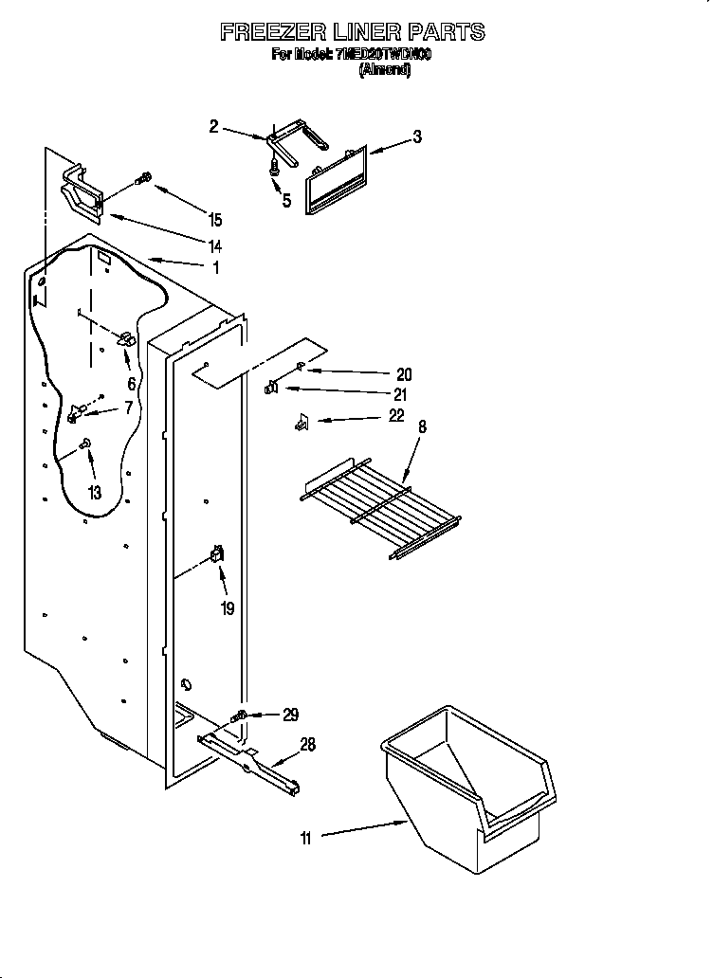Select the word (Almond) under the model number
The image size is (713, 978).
(x=384, y=70)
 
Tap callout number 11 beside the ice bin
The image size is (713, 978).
(x=305, y=836)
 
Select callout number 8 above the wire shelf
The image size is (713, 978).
(x=422, y=427)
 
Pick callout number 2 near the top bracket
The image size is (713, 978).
(x=213, y=126)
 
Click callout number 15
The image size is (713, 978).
(x=215, y=220)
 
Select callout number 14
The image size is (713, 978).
(x=215, y=245)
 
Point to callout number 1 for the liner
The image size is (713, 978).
(x=216, y=268)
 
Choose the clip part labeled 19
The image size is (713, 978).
(x=217, y=556)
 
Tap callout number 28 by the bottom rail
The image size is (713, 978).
(x=307, y=745)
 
